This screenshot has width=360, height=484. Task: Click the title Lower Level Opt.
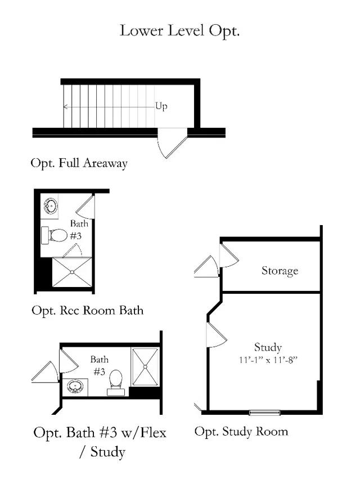pos(179,30)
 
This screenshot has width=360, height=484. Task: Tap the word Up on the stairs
pos(161,106)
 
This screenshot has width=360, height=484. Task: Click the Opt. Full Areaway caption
pos(79,163)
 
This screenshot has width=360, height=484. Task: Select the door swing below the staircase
pos(171,143)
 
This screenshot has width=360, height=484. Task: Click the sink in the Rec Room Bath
pos(51,207)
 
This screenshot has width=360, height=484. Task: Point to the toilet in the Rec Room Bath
pos(57,234)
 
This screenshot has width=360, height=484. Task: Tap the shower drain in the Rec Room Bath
pos(72,272)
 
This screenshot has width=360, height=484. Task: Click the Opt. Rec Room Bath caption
pos(87,310)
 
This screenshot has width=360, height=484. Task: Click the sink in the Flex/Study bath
pos(75,386)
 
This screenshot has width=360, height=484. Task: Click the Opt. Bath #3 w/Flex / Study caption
pos(100,442)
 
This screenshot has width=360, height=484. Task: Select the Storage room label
pos(280,271)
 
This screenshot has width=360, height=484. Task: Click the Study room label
pos(268,347)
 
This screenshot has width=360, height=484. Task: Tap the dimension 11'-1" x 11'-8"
pos(268,358)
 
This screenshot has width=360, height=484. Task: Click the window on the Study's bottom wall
pos(265,413)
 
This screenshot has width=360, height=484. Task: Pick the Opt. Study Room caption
pos(241,432)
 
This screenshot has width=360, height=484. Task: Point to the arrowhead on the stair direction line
pos(65,106)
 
